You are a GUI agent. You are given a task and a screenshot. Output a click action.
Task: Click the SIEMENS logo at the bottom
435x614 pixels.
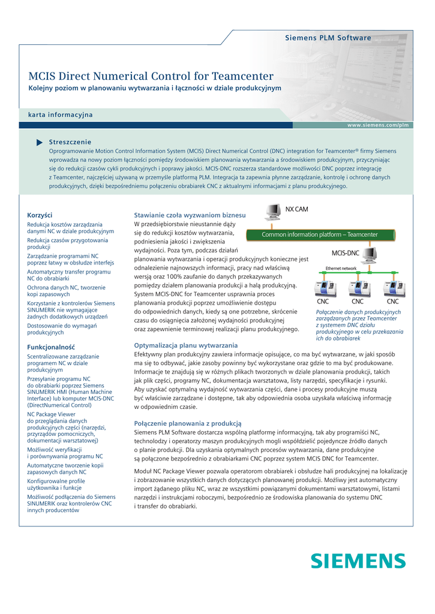(x=358, y=561)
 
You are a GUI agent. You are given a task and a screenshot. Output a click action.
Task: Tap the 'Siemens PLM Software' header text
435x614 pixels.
(x=328, y=38)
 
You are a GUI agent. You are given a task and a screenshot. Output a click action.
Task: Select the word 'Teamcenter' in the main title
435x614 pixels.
(x=243, y=76)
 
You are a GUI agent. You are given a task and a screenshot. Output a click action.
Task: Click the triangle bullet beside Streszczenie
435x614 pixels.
(x=40, y=142)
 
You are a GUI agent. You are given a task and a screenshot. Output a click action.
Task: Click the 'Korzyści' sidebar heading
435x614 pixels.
(x=40, y=215)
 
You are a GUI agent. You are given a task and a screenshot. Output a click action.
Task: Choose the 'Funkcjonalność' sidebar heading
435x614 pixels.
(x=51, y=347)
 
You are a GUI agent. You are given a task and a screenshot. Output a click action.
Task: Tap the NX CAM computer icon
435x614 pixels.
(x=274, y=212)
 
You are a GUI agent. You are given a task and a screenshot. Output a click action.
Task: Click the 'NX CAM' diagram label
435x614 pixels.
(x=296, y=209)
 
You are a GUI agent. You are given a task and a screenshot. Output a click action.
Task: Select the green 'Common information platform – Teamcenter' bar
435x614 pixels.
(x=320, y=234)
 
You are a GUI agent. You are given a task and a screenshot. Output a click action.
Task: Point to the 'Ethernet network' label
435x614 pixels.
(x=341, y=268)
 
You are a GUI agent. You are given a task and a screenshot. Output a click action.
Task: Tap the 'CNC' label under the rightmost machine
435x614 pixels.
(x=392, y=302)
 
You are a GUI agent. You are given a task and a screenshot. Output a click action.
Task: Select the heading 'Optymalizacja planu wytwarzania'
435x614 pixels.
(x=185, y=345)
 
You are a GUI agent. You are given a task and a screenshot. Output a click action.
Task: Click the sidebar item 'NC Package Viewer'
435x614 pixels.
(x=52, y=414)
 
